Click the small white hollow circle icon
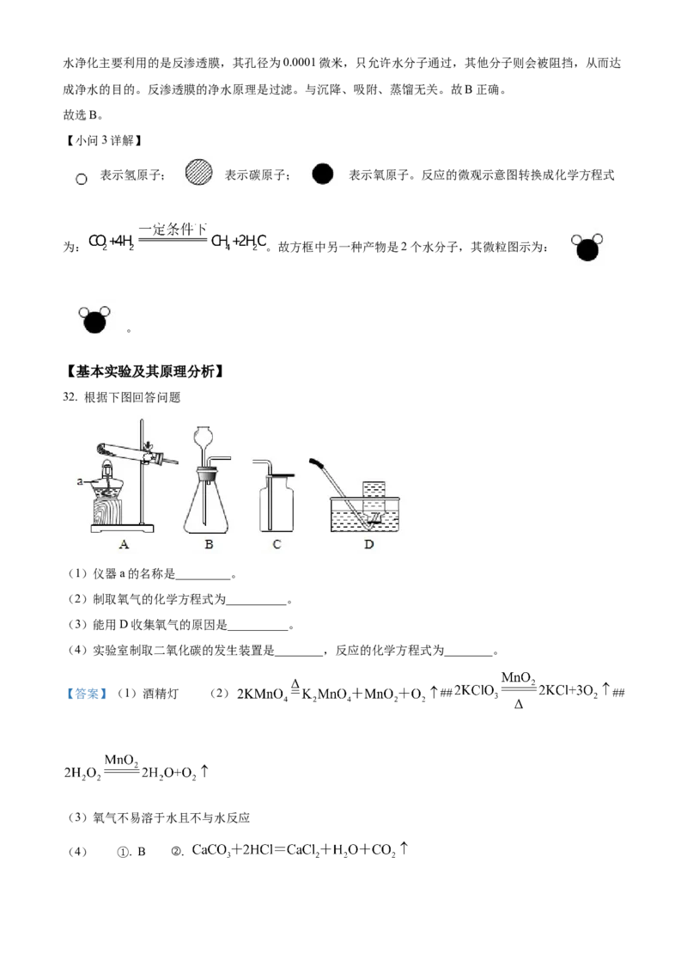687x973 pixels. [x=82, y=180]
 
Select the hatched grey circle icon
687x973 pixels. [x=199, y=173]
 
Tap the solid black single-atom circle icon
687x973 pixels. [x=323, y=174]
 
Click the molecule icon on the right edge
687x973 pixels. [x=587, y=248]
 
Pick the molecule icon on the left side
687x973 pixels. [x=93, y=320]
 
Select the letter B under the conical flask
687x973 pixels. [x=208, y=543]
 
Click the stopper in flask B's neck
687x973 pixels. [x=206, y=471]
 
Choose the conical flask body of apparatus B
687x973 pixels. [x=207, y=511]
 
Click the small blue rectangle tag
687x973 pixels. [x=85, y=695]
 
